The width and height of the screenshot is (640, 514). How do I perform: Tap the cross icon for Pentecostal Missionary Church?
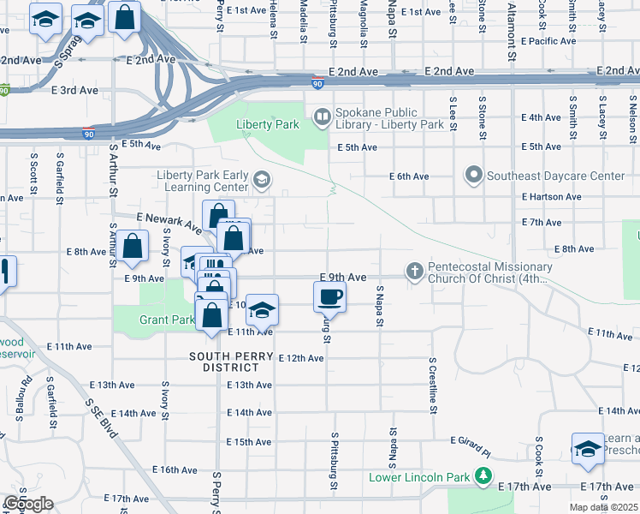(414, 272)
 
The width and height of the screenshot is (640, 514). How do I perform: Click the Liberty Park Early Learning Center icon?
(261, 180)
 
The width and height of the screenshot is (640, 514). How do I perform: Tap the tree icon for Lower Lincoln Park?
(484, 476)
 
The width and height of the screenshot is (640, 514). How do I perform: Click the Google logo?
(28, 504)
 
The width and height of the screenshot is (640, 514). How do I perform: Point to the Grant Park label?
(167, 320)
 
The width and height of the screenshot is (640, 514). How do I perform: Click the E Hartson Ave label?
(551, 197)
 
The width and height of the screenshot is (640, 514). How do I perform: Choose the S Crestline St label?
(433, 385)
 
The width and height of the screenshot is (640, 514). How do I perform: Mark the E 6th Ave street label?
(408, 176)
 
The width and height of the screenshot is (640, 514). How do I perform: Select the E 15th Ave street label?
(248, 441)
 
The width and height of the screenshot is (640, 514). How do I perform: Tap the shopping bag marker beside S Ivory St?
(133, 246)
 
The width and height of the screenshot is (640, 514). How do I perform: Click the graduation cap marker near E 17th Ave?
(587, 450)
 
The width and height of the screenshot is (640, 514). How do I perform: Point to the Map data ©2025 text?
(603, 507)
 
